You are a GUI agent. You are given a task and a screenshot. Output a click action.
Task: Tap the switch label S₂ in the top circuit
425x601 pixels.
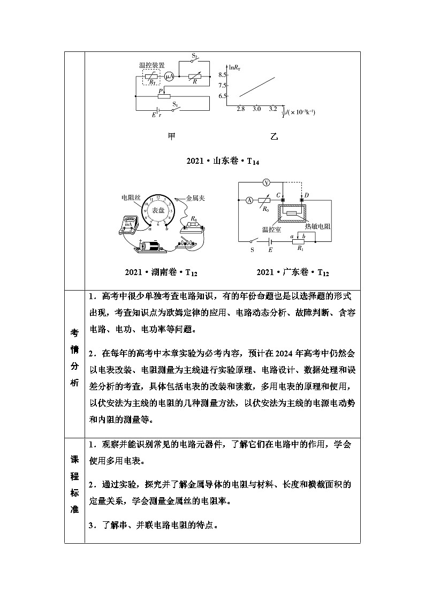(195, 56)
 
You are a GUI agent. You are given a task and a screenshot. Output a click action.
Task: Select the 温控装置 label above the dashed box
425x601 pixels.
(152, 65)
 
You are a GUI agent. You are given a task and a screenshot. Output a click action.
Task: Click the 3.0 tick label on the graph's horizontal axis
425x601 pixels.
(256, 109)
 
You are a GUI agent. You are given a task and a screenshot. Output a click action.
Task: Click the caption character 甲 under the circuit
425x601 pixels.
(171, 137)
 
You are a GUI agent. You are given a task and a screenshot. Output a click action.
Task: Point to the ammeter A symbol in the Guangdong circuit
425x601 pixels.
(249, 200)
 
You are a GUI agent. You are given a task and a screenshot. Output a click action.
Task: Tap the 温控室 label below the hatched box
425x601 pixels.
(272, 230)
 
